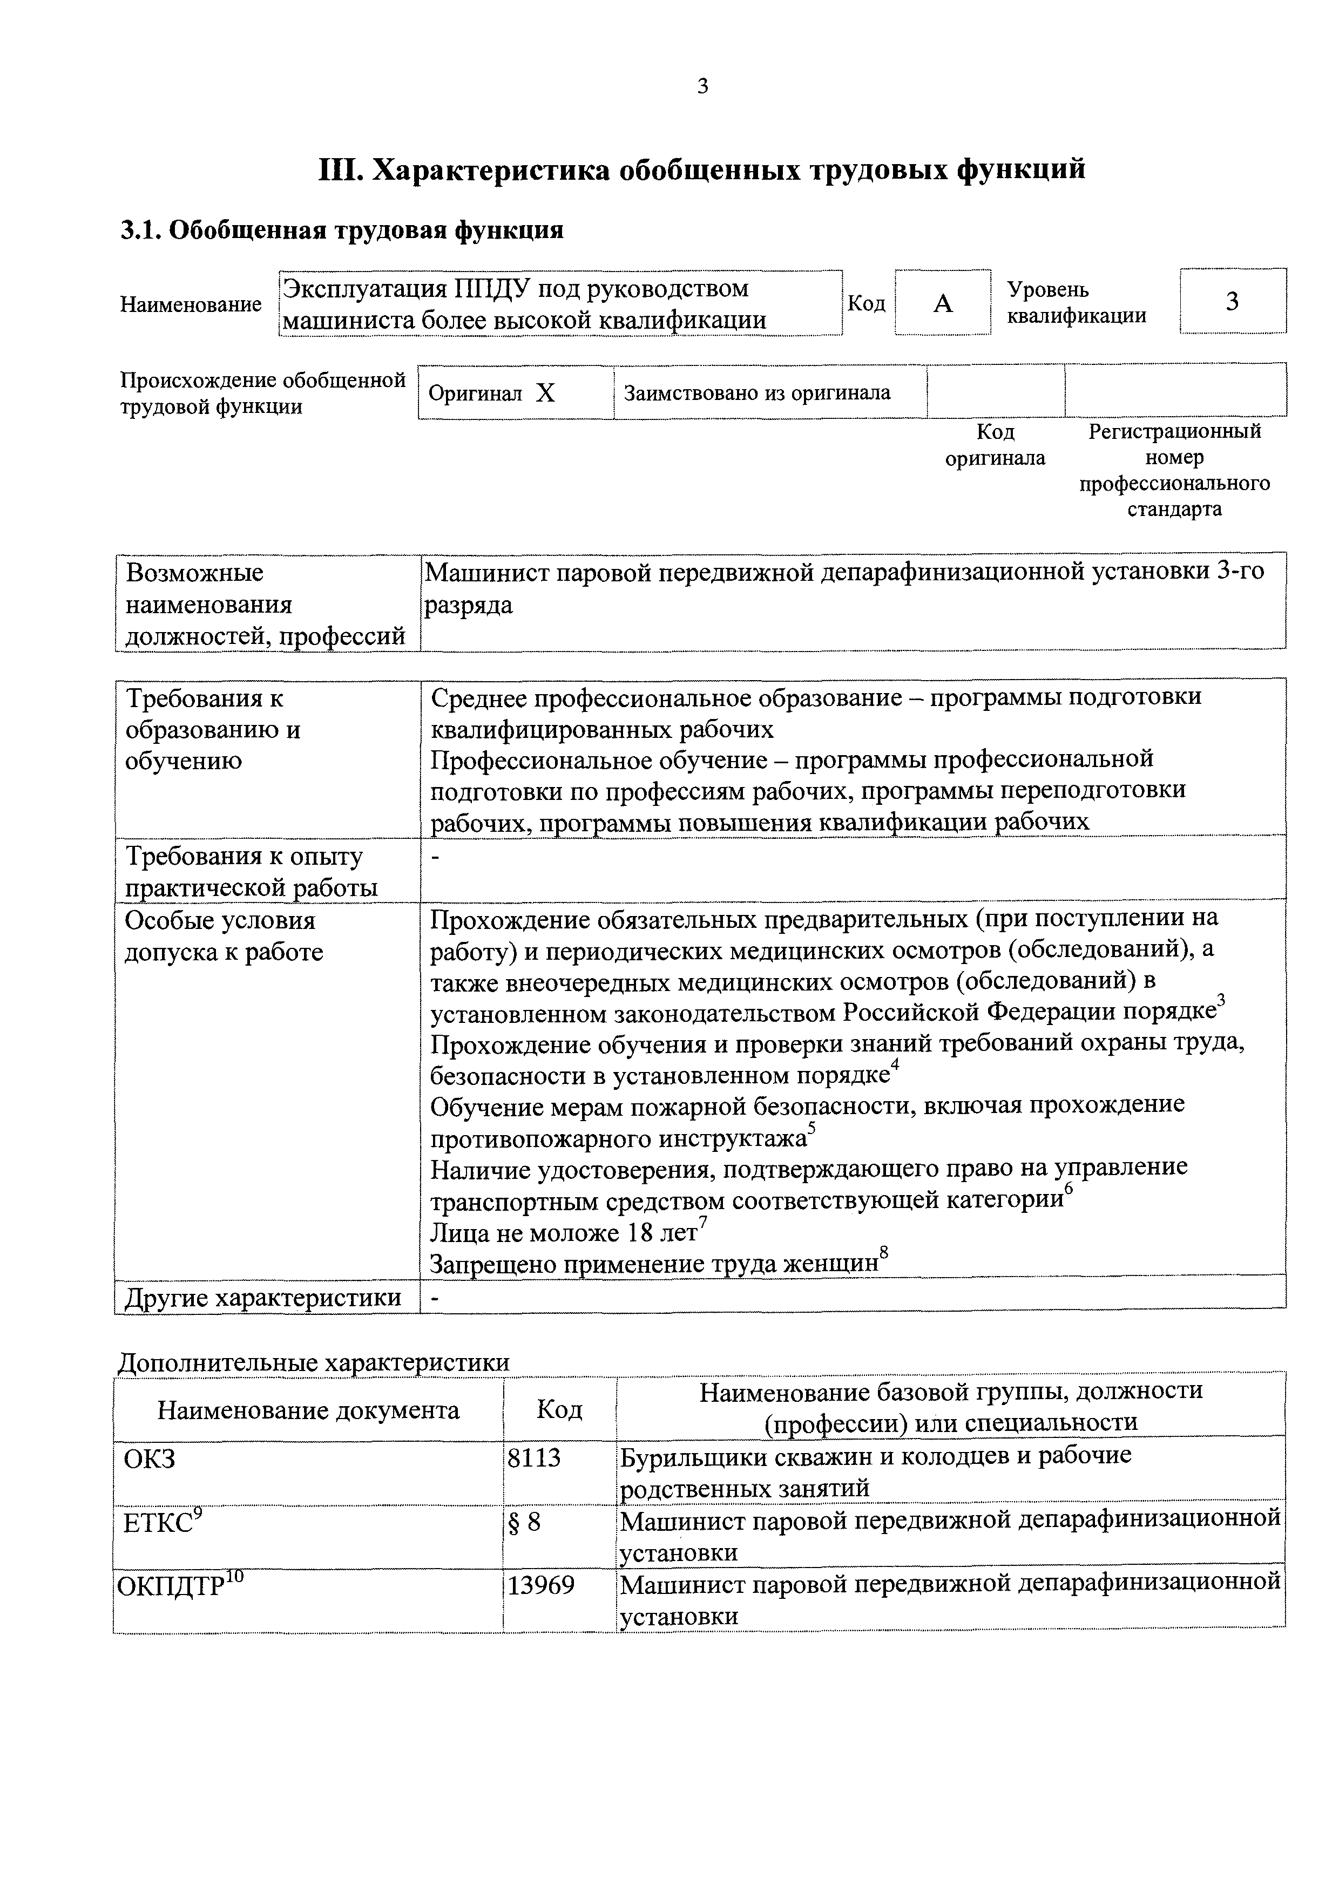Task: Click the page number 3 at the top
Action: click(x=702, y=86)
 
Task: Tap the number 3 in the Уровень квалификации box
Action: click(x=1232, y=302)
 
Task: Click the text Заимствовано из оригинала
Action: click(x=757, y=392)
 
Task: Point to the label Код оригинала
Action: click(x=995, y=445)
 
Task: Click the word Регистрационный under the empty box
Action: click(x=1174, y=431)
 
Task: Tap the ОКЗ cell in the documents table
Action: click(x=149, y=1460)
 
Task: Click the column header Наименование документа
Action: click(x=308, y=1410)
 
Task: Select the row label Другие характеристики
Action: click(x=262, y=1298)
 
